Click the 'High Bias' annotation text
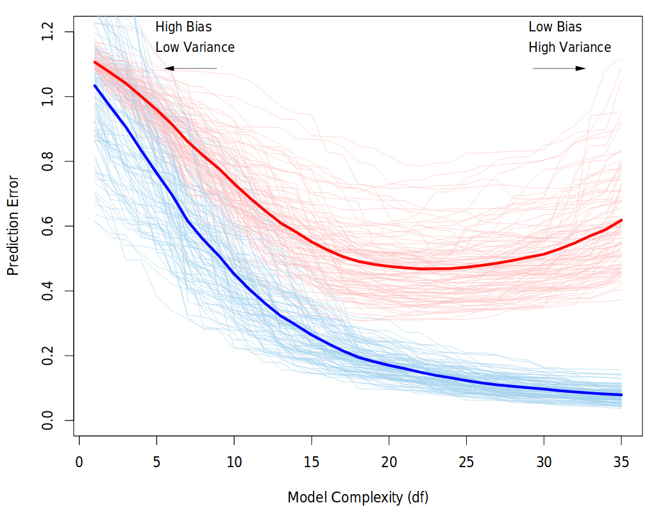tap(183, 27)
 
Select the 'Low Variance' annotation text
tap(195, 47)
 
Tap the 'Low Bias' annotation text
tap(555, 27)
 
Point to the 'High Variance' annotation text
tap(569, 47)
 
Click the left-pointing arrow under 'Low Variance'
tap(190, 68)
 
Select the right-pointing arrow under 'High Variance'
tap(559, 68)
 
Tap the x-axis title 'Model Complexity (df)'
tap(358, 497)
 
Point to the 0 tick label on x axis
tap(79, 461)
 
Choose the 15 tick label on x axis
tap(312, 461)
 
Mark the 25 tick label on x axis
tap(466, 461)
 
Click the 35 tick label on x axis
tap(621, 461)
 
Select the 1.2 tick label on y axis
tap(49, 32)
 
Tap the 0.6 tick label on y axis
tap(49, 226)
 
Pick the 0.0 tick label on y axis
tap(49, 420)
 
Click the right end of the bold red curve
tap(621, 220)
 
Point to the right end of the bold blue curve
tap(621, 395)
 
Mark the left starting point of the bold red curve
tap(95, 62)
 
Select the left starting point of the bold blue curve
tap(95, 85)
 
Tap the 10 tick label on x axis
tap(234, 461)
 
